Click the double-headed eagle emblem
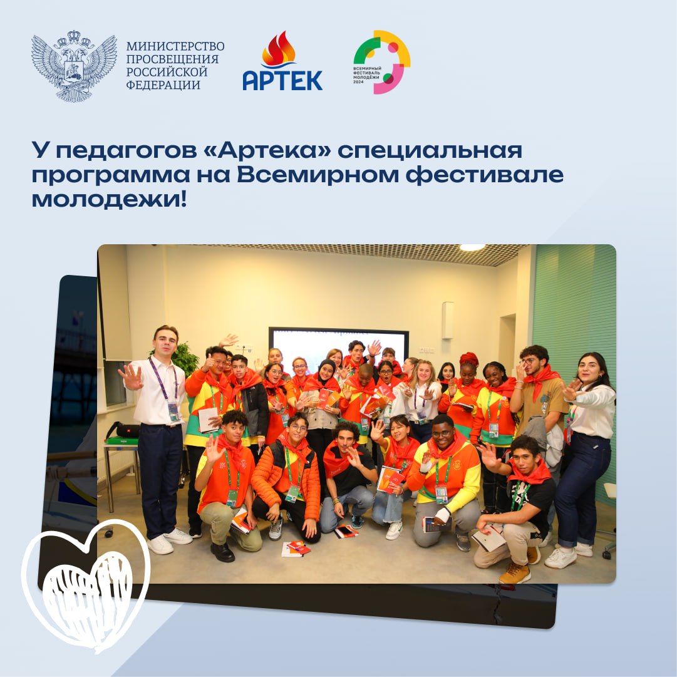tap(74, 66)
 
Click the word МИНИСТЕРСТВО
tap(175, 46)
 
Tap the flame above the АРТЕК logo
tap(279, 49)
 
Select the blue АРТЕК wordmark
tap(282, 80)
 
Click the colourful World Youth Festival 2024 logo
tap(381, 62)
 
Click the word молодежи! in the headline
tap(110, 200)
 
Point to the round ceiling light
tap(472, 247)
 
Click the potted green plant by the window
tap(184, 358)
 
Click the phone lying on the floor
tap(346, 530)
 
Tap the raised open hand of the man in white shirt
tap(131, 377)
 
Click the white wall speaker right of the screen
tap(448, 320)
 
